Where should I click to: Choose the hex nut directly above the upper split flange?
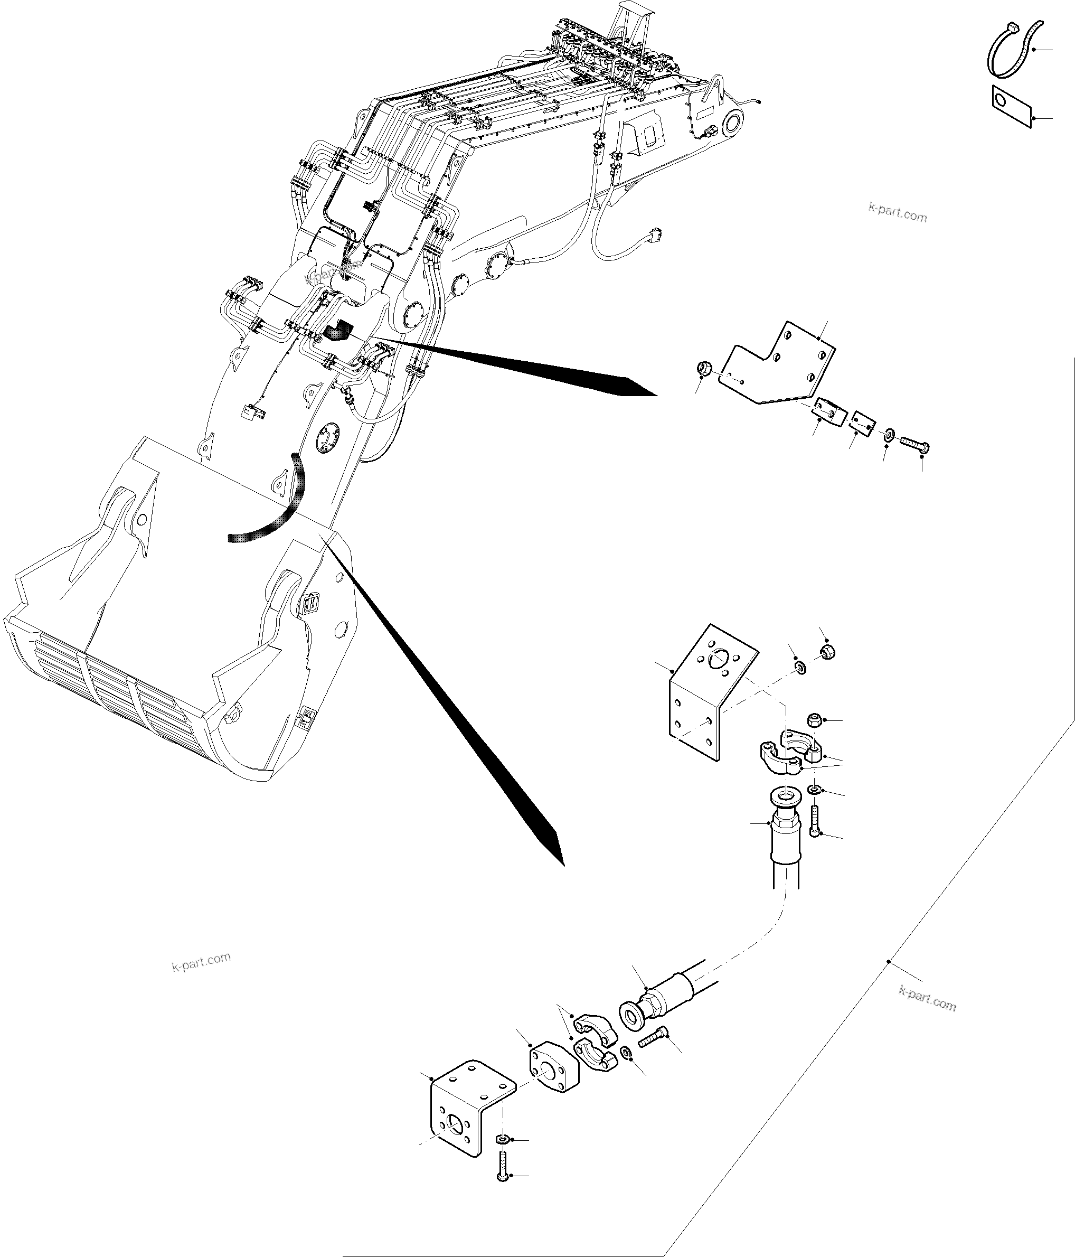[815, 720]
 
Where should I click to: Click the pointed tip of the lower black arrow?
[563, 864]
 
